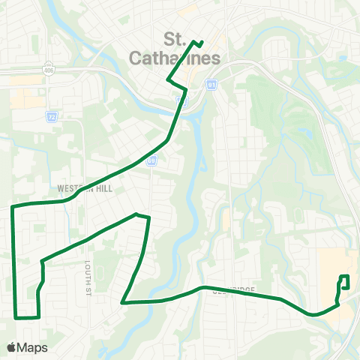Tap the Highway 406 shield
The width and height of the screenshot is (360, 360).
[x=48, y=64]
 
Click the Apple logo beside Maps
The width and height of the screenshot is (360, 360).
[x=11, y=347]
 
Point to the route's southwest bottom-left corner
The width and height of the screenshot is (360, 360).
[x=16, y=317]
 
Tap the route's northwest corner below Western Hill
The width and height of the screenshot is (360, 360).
[x=13, y=205]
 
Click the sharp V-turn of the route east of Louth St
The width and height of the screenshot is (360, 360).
[x=123, y=303]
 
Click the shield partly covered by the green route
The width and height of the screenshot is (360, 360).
[x=181, y=98]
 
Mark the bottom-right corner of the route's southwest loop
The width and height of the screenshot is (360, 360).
[x=37, y=317]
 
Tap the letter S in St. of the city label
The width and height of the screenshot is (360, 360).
[x=169, y=39]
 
